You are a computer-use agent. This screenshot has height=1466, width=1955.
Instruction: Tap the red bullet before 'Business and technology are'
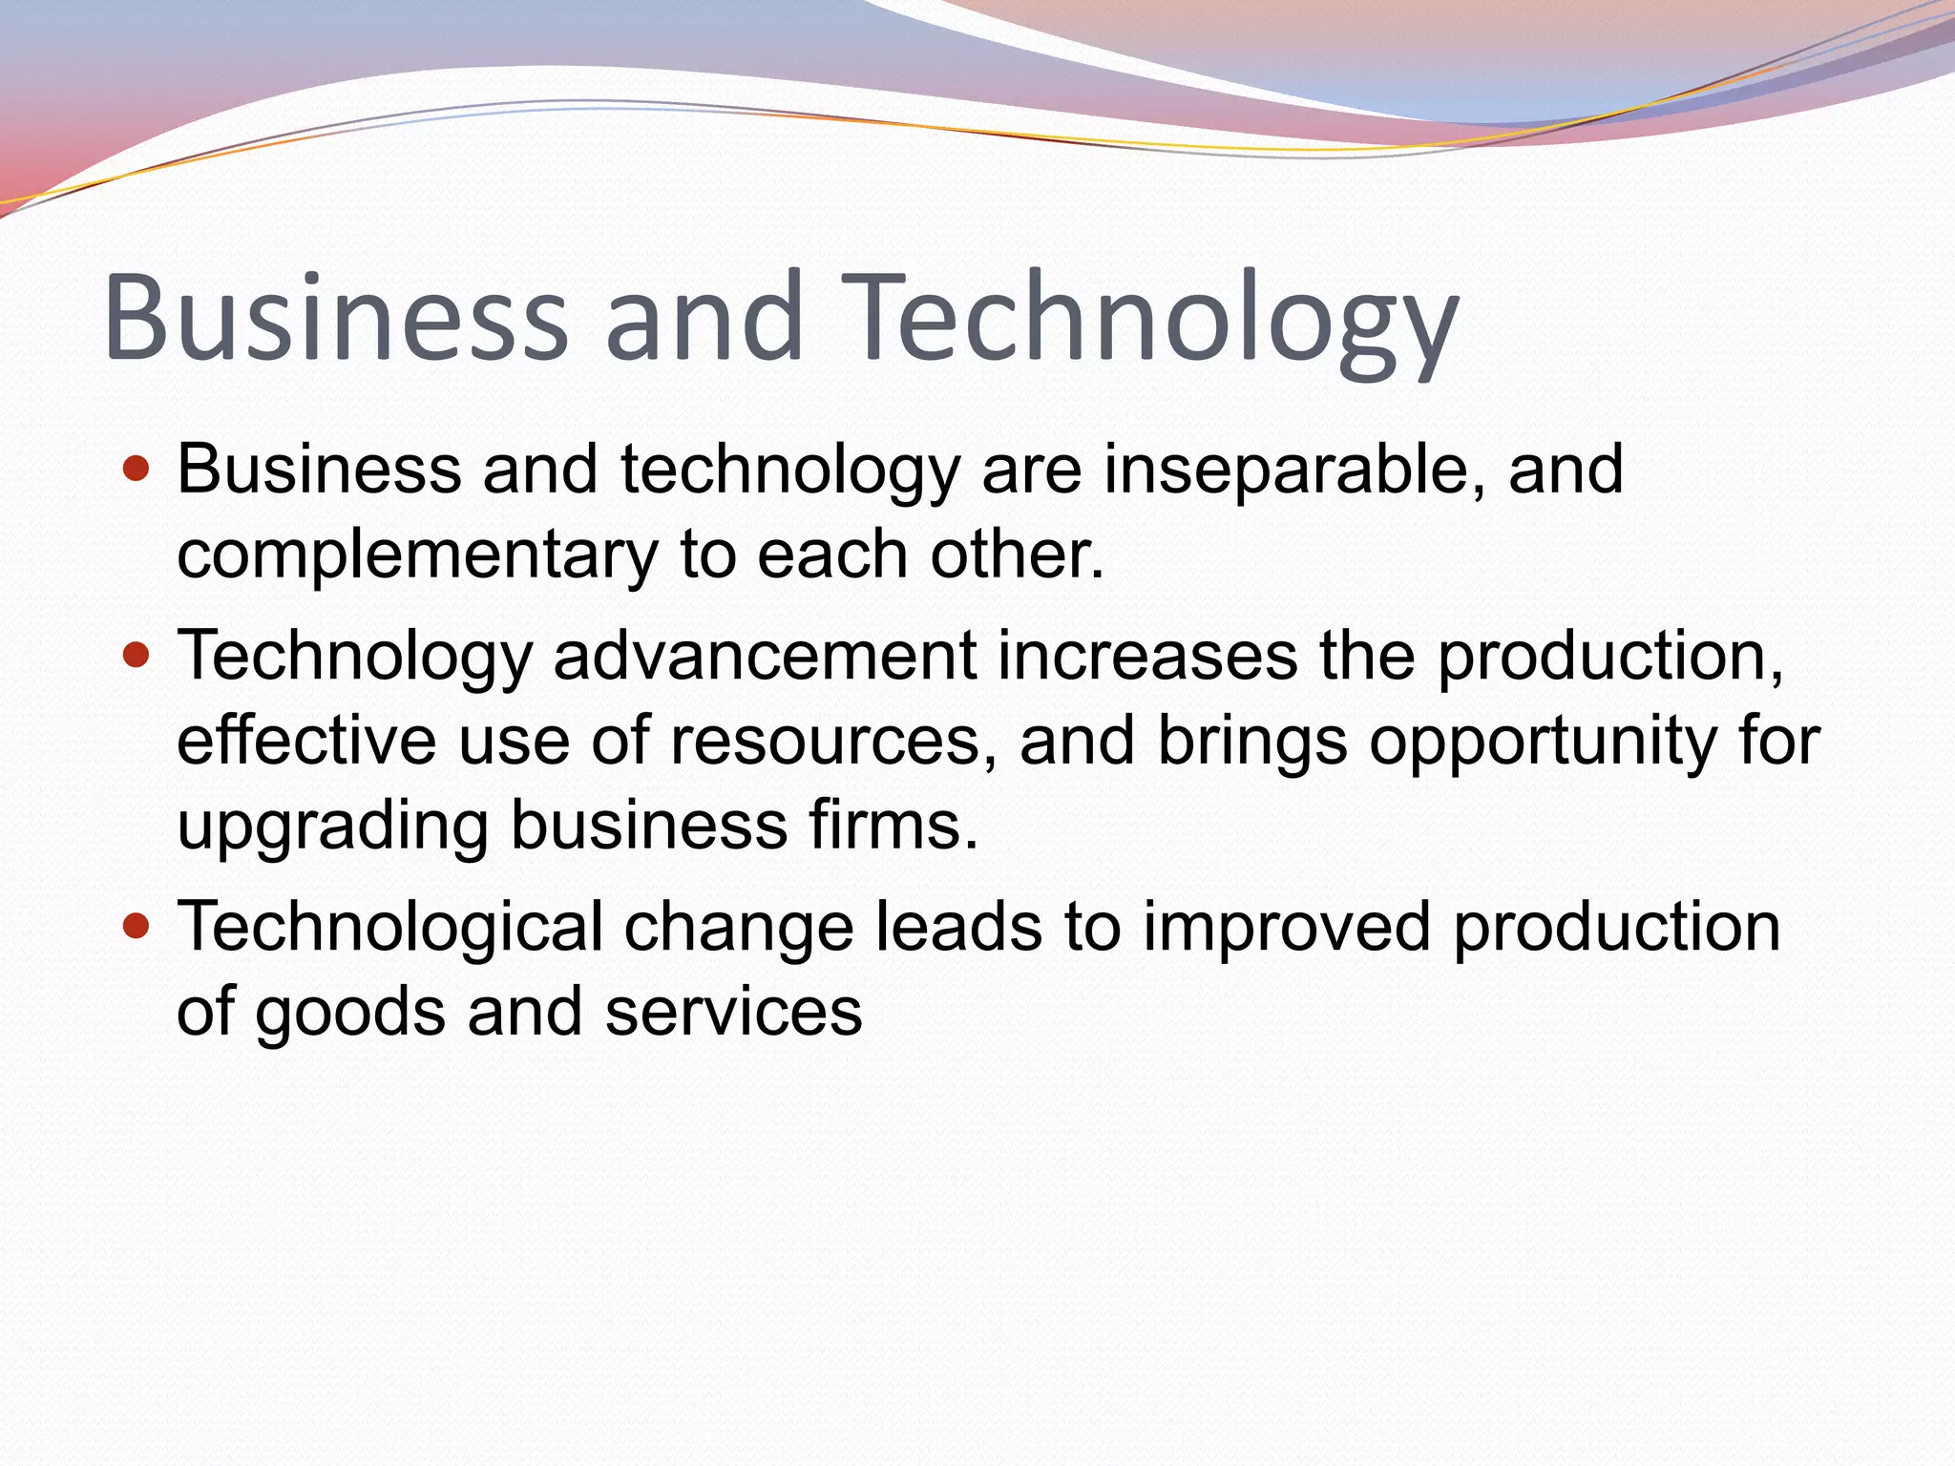(137, 470)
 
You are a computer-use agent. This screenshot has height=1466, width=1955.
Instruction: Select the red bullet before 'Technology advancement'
(137, 656)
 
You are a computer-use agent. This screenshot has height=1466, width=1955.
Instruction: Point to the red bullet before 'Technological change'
(137, 926)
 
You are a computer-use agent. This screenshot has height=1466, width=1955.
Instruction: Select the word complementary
(417, 555)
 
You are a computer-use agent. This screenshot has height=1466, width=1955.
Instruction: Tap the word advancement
(765, 656)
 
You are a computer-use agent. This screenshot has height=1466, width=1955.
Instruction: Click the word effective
(306, 741)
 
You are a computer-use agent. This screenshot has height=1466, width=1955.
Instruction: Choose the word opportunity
(1543, 743)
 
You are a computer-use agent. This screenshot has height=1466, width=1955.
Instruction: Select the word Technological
(390, 928)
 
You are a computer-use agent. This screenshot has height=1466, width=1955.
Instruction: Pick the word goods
(349, 1013)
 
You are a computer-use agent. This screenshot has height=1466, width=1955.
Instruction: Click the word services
(733, 1013)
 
